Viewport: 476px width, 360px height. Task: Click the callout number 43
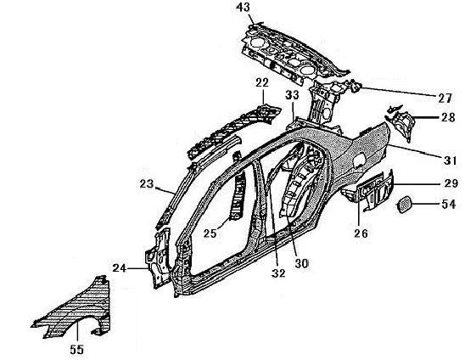(243, 8)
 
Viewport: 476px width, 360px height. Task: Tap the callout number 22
(262, 82)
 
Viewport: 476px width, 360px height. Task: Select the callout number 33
(292, 95)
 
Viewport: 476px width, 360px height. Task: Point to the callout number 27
(445, 98)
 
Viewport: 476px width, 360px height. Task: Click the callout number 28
(448, 117)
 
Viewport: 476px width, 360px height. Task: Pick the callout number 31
(450, 160)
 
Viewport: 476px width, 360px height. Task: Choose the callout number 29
(451, 183)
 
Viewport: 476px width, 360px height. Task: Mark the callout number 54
(449, 204)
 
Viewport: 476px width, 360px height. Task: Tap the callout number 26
(361, 233)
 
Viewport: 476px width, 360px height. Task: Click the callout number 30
(301, 263)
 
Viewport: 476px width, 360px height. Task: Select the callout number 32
(278, 273)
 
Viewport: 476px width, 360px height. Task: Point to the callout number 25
(210, 233)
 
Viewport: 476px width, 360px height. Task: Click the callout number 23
(147, 183)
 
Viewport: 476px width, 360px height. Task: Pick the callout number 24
(120, 268)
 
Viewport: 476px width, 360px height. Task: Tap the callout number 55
(76, 349)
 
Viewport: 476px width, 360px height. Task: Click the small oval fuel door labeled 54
(404, 205)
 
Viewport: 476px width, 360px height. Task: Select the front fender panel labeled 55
(73, 313)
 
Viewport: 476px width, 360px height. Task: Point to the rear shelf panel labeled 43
(291, 54)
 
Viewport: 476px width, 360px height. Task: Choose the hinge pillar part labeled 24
(158, 258)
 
